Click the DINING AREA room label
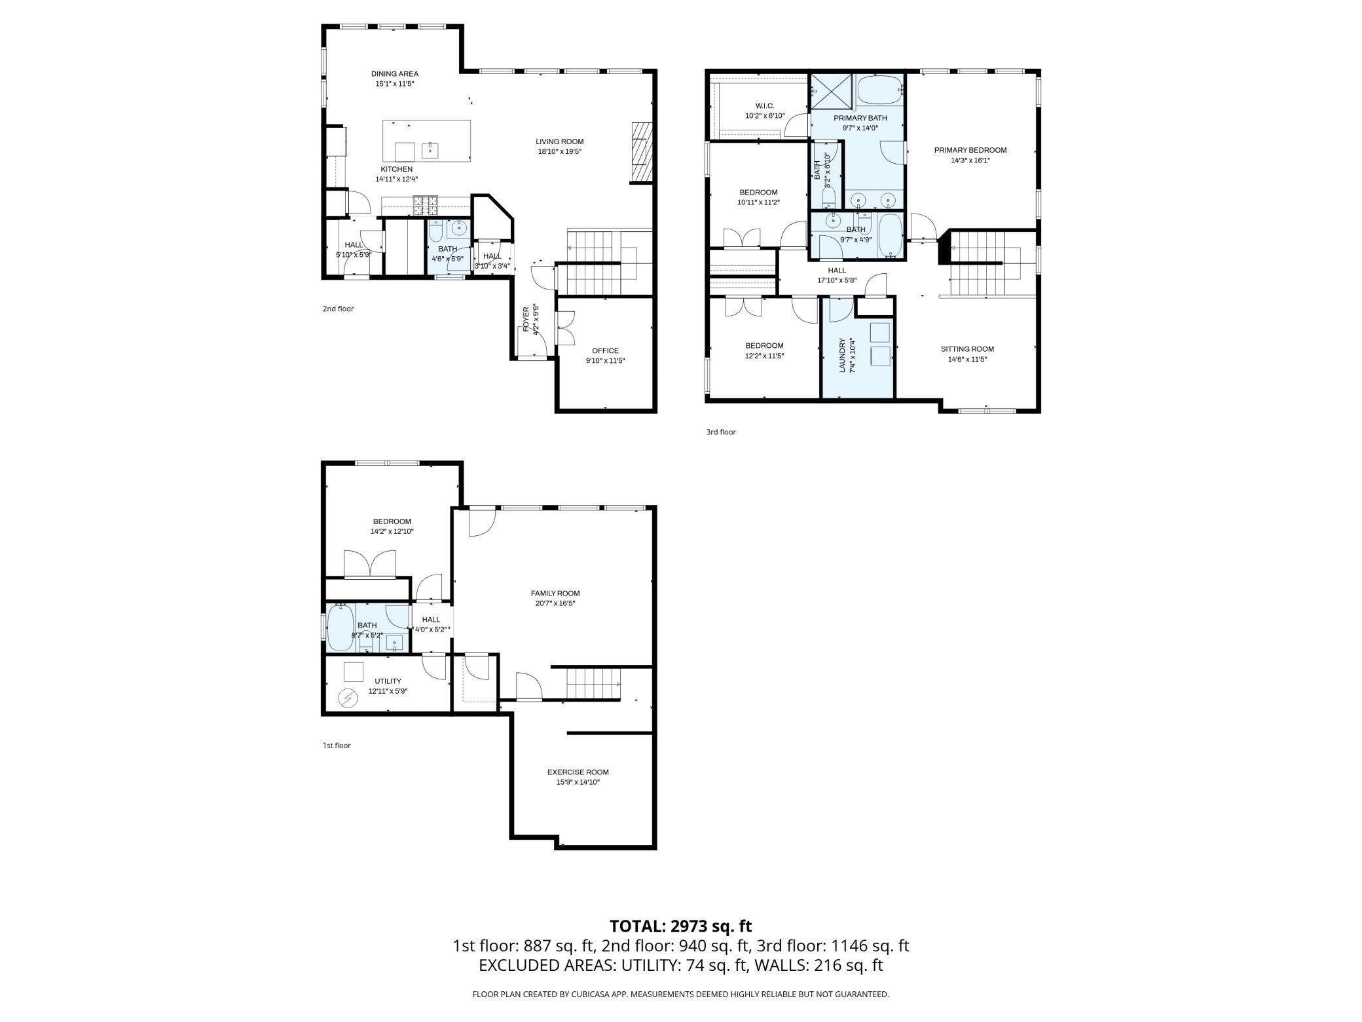(395, 74)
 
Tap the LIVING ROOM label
(559, 142)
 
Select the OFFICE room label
(605, 350)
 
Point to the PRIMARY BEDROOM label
(970, 150)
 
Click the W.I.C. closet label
(765, 106)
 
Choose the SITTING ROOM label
(967, 349)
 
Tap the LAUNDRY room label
(843, 356)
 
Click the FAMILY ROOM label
(555, 594)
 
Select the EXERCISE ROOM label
(578, 772)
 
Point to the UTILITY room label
(388, 681)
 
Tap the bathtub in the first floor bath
(340, 628)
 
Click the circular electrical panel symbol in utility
(348, 698)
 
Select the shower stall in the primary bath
(832, 92)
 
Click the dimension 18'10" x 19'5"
(560, 152)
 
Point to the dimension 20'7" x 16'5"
(555, 603)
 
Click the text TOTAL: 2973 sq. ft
(681, 926)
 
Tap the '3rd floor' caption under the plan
(721, 432)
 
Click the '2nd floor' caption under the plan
(338, 309)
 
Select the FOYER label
(526, 319)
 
